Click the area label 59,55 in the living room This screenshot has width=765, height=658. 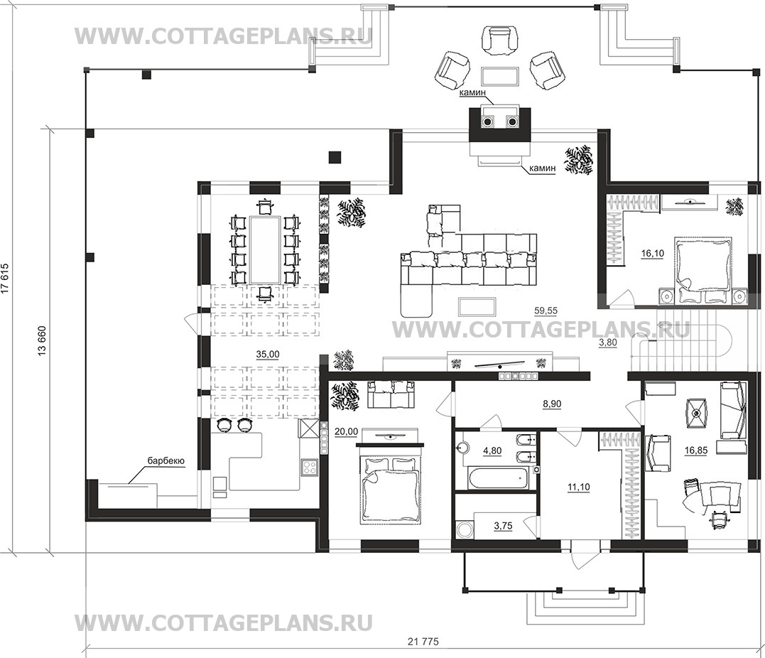[x=546, y=311]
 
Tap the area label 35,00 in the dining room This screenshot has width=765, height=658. [x=268, y=355]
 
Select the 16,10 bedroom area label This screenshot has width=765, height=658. [x=652, y=254]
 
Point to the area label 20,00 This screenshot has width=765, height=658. [x=347, y=431]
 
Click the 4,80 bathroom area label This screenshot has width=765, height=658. [x=492, y=451]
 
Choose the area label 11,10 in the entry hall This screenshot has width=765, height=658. [x=579, y=487]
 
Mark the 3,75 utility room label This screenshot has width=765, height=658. [x=503, y=526]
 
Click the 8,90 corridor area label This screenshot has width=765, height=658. [x=552, y=404]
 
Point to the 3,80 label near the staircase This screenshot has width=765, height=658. [x=608, y=343]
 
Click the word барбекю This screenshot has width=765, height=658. [x=166, y=460]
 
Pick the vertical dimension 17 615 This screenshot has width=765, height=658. [x=6, y=279]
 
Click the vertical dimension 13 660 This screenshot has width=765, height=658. [x=42, y=340]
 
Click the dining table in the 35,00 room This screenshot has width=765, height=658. [x=265, y=250]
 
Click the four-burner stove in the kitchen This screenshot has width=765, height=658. [x=309, y=468]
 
